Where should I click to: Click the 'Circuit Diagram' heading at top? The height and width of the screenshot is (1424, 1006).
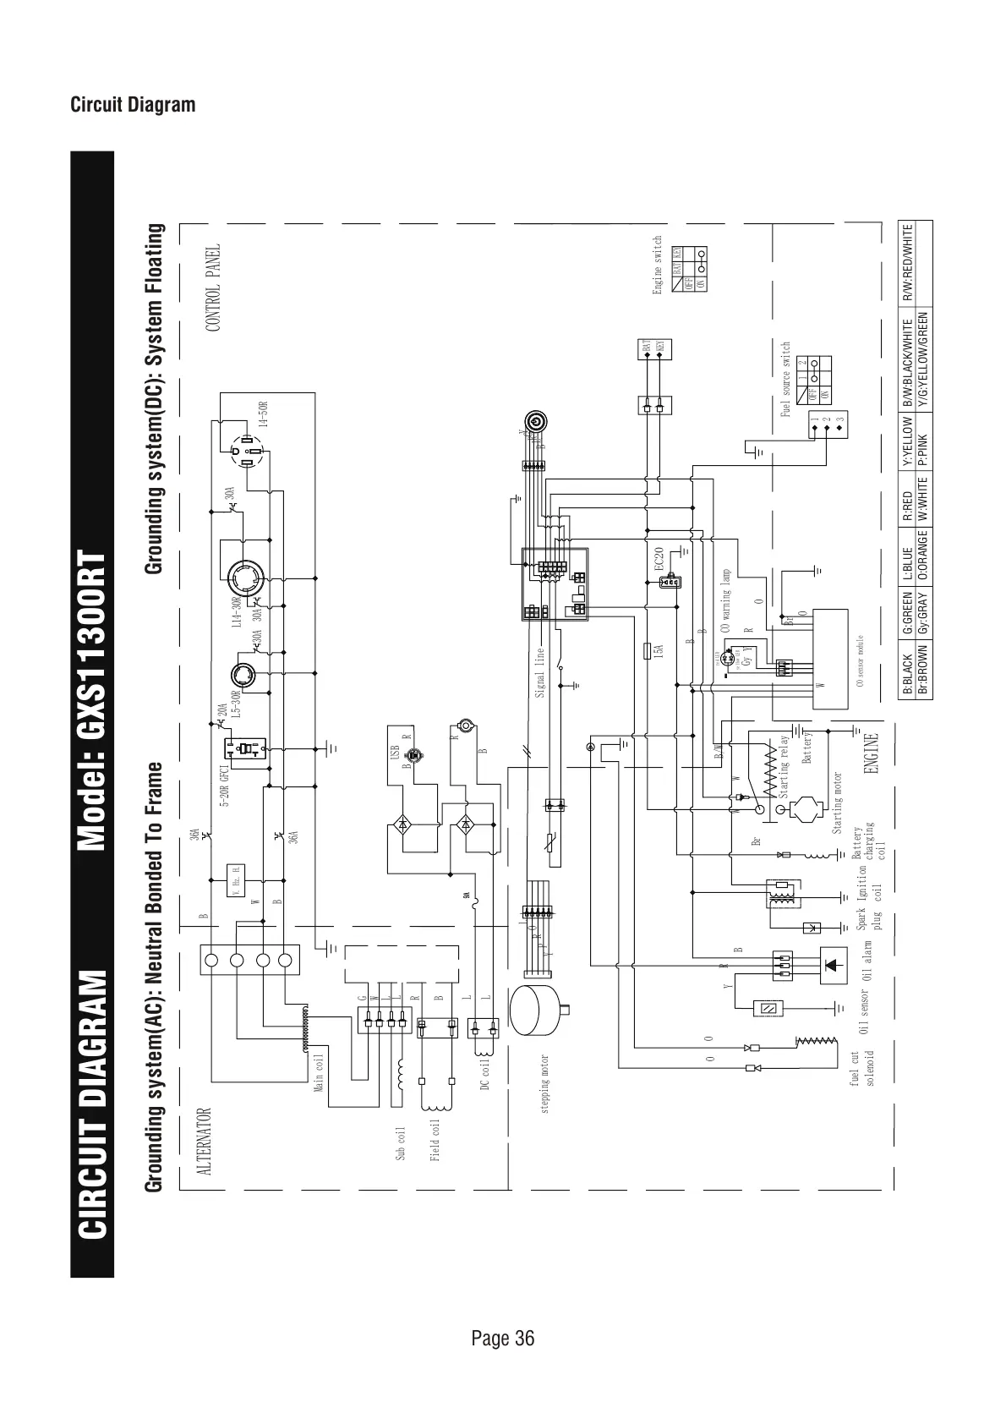[x=133, y=105]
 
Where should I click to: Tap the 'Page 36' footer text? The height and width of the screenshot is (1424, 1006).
[x=502, y=1338]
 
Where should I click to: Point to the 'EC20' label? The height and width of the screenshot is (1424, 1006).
[x=660, y=560]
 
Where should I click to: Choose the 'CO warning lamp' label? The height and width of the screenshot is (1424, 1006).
[x=725, y=601]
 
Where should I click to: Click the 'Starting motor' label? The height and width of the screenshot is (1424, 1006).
[x=838, y=804]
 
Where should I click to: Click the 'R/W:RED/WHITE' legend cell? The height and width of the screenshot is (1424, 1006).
[x=907, y=263]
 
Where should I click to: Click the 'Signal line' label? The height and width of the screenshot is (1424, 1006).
[x=540, y=671]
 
